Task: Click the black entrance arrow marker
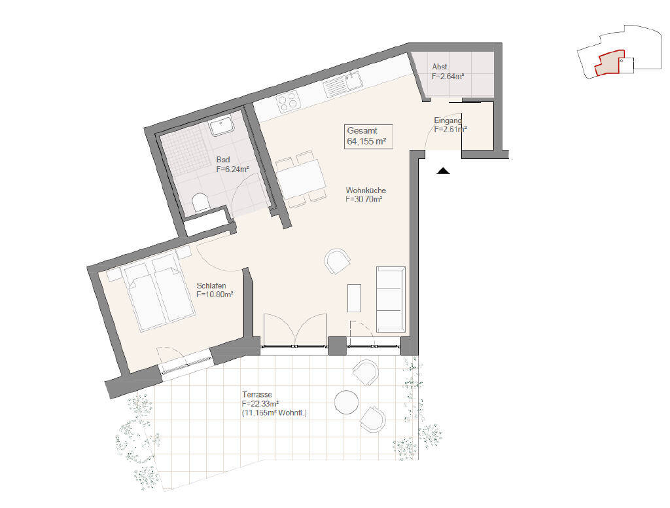point(444,171)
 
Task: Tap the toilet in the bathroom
point(201,202)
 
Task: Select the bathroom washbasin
point(220,126)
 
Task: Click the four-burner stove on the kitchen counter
point(287,102)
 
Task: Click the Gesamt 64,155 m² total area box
point(368,136)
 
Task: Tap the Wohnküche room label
point(366,194)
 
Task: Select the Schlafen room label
point(215,290)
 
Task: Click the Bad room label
point(232,164)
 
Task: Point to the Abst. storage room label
point(448,72)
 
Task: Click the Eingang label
point(450,125)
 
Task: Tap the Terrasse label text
point(274,404)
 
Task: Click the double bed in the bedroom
point(158,293)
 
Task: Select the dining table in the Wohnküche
point(301,179)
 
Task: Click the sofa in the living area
point(391,299)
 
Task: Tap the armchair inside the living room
point(337,261)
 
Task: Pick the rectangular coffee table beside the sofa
point(354,298)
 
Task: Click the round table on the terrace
point(346,402)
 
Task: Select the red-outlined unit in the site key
point(610,63)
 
